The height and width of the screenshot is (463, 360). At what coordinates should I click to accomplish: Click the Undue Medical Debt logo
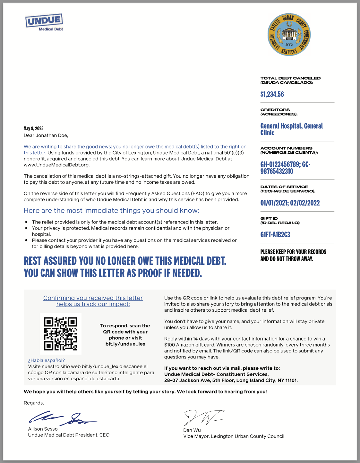(x=44, y=22)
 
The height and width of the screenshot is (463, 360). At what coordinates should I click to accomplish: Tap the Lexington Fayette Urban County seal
(x=289, y=34)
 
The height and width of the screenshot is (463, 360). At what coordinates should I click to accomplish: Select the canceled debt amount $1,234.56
(x=272, y=94)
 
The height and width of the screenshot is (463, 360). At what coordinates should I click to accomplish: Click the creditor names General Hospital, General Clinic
(x=291, y=129)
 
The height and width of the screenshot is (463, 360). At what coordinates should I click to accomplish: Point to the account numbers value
(x=285, y=168)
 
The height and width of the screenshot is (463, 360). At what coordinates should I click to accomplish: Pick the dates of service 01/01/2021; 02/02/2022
(x=290, y=203)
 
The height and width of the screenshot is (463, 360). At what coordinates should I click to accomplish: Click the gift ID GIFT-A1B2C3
(x=275, y=235)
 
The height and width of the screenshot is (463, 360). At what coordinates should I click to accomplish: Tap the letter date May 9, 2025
(x=33, y=129)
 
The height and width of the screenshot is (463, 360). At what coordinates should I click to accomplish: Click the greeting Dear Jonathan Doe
(x=46, y=135)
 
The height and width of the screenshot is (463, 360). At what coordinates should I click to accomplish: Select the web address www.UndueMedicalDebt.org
(x=56, y=165)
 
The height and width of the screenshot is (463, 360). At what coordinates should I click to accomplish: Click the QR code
(x=61, y=333)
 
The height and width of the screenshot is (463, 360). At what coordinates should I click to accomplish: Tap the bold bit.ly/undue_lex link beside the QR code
(x=125, y=344)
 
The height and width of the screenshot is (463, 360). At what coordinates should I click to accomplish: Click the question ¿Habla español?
(x=46, y=360)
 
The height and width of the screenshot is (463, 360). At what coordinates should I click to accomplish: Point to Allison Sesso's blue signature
(x=62, y=418)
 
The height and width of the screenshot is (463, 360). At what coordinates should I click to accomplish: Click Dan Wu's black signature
(x=203, y=417)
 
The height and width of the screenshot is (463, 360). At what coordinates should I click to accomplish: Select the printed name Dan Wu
(x=192, y=430)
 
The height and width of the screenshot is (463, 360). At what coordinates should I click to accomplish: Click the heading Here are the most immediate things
(x=111, y=211)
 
